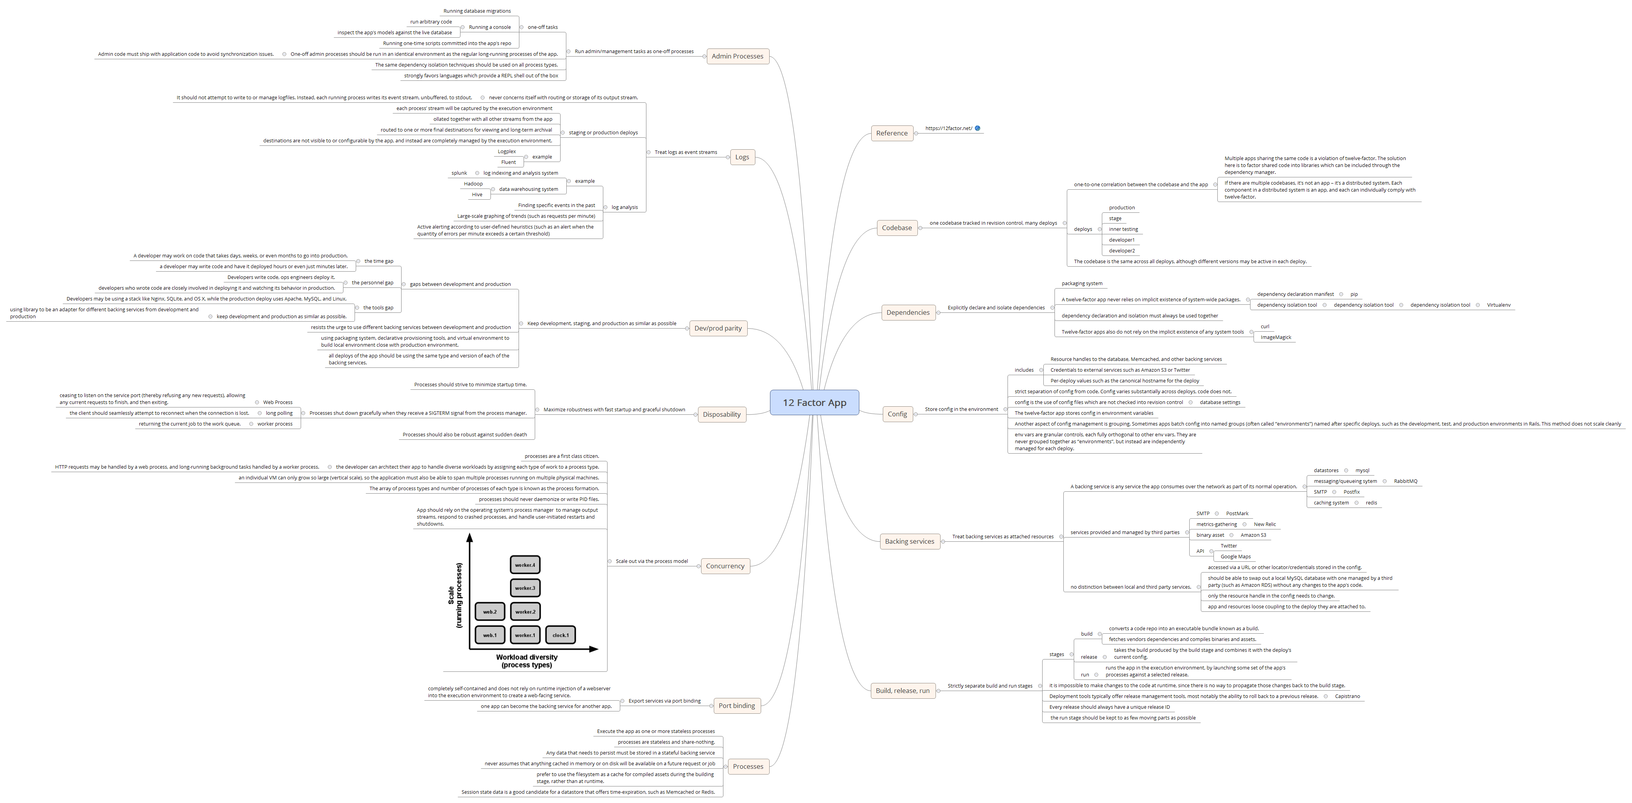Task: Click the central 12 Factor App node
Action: pyautogui.click(x=814, y=403)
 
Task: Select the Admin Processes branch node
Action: pyautogui.click(x=737, y=56)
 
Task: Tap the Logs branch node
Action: pyautogui.click(x=742, y=157)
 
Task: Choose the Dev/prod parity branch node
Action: pyautogui.click(x=717, y=328)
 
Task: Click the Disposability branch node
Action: pyautogui.click(x=721, y=414)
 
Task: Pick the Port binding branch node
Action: pyautogui.click(x=736, y=706)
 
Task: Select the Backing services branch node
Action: pyautogui.click(x=909, y=541)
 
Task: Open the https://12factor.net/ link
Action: pyautogui.click(x=948, y=129)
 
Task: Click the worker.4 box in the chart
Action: pyautogui.click(x=525, y=565)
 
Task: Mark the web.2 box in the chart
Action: pyautogui.click(x=490, y=612)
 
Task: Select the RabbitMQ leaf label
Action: pyautogui.click(x=1405, y=481)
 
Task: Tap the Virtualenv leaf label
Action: pyautogui.click(x=1498, y=305)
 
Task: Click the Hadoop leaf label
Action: pyautogui.click(x=473, y=184)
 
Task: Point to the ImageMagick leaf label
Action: pyautogui.click(x=1275, y=337)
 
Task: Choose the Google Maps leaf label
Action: pyautogui.click(x=1235, y=557)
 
